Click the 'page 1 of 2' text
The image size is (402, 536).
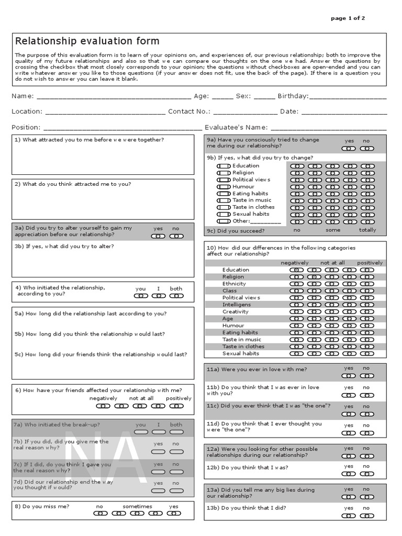(348, 18)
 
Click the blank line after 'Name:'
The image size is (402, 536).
(114, 97)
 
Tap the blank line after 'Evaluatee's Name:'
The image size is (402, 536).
(328, 128)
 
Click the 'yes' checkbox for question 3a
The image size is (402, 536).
(158, 236)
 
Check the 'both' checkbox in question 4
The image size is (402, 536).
(176, 296)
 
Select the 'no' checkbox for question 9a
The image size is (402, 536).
(366, 148)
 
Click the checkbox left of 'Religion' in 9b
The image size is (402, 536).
(224, 173)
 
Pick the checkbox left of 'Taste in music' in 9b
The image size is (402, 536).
(224, 200)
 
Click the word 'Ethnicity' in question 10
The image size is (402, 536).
(234, 284)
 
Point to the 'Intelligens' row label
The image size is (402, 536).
(236, 305)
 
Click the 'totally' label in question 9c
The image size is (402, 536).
(367, 230)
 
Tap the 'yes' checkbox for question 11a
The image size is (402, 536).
(349, 376)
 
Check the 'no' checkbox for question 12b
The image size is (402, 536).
(366, 474)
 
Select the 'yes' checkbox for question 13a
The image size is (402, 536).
(349, 497)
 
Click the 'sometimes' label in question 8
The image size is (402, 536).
(137, 507)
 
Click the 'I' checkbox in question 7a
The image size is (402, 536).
(158, 433)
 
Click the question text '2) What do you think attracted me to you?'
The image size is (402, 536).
(73, 184)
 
